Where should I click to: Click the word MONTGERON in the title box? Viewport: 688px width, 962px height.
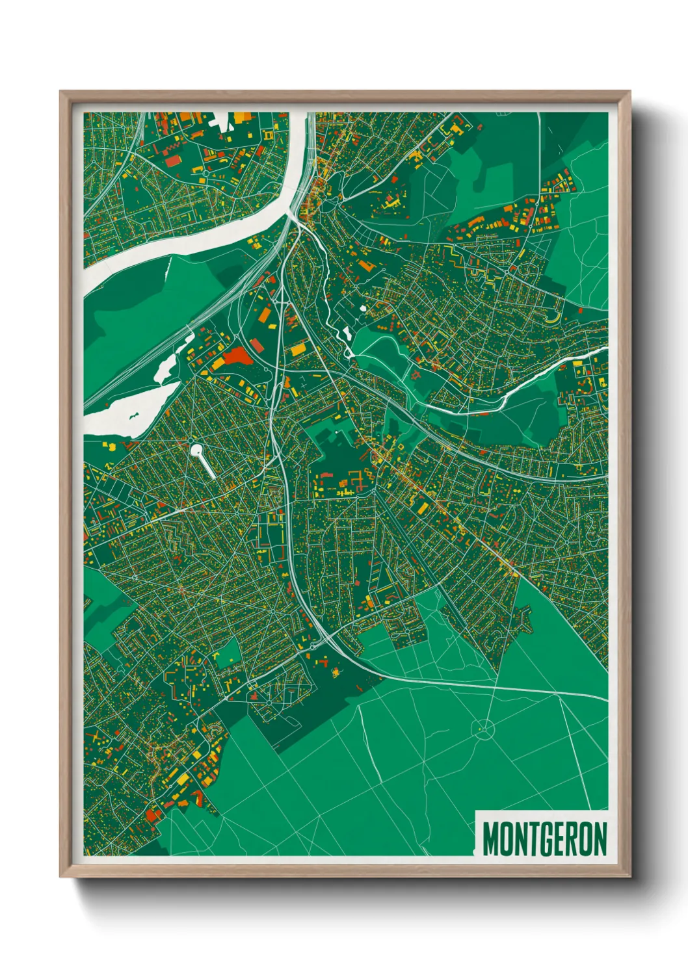pyautogui.click(x=545, y=839)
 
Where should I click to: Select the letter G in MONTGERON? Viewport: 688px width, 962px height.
pyautogui.click(x=546, y=839)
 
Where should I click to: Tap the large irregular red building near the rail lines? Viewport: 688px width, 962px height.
pyautogui.click(x=236, y=356)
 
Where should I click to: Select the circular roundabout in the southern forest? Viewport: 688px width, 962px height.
pyautogui.click(x=483, y=729)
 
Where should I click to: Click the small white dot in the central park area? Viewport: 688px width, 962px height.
pyautogui.click(x=336, y=432)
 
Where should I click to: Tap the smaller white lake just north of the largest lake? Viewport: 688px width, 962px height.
pyautogui.click(x=168, y=365)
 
